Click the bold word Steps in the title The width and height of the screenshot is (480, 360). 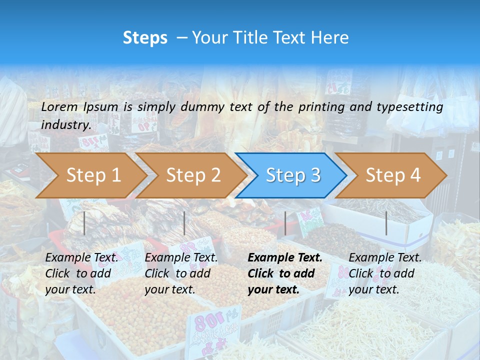[x=145, y=38]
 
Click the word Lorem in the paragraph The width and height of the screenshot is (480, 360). [x=59, y=107]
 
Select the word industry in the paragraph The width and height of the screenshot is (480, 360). [x=66, y=125]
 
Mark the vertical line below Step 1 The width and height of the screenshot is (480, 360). [x=84, y=223]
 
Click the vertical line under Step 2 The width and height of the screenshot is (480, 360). [x=184, y=223]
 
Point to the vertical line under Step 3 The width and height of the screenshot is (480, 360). [x=285, y=223]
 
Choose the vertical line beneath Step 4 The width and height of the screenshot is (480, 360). [x=386, y=223]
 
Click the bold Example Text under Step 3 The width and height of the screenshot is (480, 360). [x=285, y=258]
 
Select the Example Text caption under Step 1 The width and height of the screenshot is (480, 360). [x=82, y=258]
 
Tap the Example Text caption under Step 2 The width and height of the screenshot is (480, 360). [x=181, y=258]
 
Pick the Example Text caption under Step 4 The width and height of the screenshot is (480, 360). [x=385, y=258]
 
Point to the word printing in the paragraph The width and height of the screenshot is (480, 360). [x=322, y=107]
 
